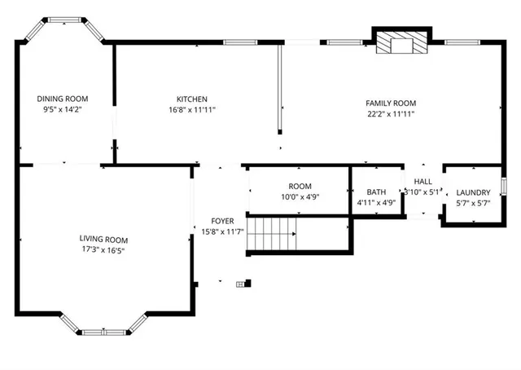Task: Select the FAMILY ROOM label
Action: (x=391, y=104)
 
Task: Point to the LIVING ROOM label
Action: (x=103, y=240)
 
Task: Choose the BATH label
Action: (x=376, y=192)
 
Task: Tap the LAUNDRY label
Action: (x=473, y=193)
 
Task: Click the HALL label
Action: (x=423, y=182)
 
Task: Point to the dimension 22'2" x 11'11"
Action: (x=391, y=114)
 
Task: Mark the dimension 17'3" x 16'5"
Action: (x=103, y=250)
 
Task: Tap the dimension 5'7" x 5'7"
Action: (x=473, y=203)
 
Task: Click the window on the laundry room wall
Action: (x=504, y=186)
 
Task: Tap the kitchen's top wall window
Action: (x=240, y=42)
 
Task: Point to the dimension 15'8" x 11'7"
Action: (x=223, y=232)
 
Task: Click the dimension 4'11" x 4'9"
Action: (x=376, y=202)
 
